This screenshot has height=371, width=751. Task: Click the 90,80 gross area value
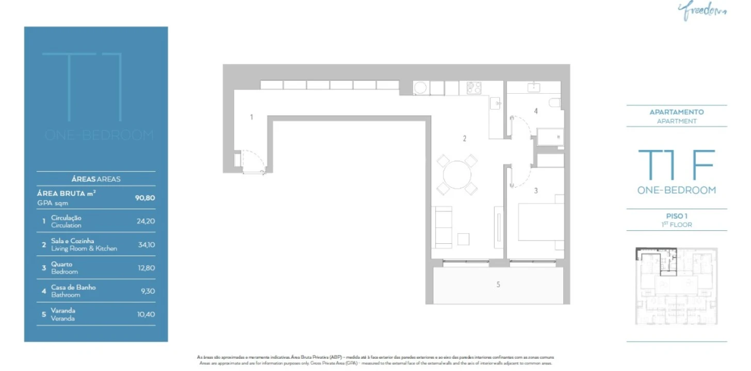tap(145, 197)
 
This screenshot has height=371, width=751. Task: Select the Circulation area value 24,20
tap(146, 221)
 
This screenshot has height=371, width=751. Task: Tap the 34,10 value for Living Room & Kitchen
tap(146, 245)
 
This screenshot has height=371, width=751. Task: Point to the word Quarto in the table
tap(62, 264)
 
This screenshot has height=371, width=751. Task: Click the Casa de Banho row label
tap(73, 288)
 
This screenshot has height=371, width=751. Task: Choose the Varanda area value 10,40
tap(146, 314)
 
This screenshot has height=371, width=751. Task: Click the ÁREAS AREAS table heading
tap(96, 179)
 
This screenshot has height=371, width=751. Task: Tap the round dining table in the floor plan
tap(457, 175)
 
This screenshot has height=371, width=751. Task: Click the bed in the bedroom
tap(541, 222)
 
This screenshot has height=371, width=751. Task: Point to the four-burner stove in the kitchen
tap(474, 88)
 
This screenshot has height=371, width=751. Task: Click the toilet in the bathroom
tap(555, 103)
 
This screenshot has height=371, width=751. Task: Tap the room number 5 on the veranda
tap(498, 284)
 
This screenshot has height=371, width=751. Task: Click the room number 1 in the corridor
tap(252, 117)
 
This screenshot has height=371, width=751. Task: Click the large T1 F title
tap(676, 166)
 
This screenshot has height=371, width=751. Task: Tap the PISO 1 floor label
tap(677, 216)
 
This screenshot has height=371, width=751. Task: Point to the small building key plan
tap(676, 286)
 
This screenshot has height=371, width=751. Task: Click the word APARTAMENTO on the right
tap(677, 112)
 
